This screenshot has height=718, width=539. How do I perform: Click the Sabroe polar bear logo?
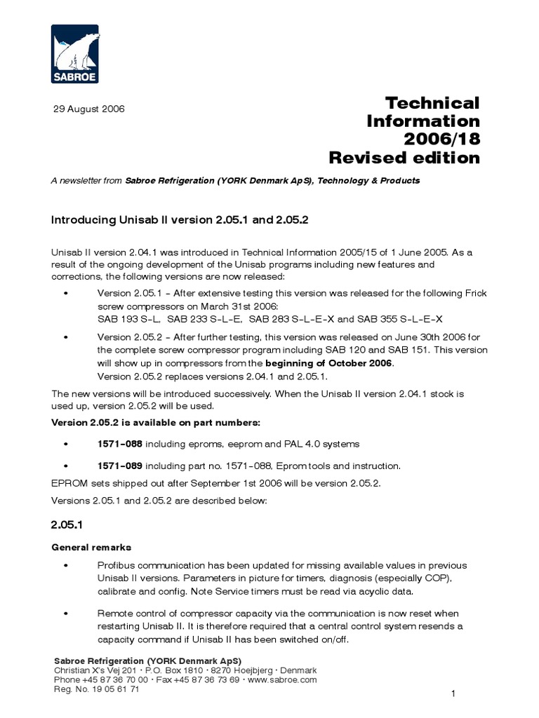click(75, 53)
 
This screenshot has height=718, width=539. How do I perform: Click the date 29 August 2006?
click(89, 109)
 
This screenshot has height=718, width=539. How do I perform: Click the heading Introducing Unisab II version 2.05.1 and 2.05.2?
click(180, 219)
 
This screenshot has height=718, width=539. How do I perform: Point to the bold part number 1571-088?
click(119, 444)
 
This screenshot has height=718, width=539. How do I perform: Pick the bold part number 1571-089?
click(119, 466)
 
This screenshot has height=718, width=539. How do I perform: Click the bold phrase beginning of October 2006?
click(330, 363)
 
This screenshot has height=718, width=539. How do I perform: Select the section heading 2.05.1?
click(66, 524)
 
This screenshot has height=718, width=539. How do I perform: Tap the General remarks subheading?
click(91, 547)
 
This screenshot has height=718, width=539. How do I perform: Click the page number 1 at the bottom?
click(454, 694)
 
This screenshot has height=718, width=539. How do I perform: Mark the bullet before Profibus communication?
click(66, 565)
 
